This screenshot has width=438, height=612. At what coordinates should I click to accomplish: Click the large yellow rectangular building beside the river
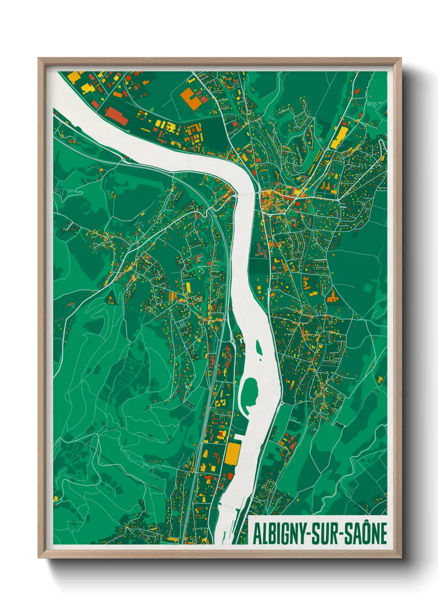233,453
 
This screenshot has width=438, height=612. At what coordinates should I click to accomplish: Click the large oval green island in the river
250,391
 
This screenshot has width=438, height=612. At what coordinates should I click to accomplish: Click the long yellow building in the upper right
341,137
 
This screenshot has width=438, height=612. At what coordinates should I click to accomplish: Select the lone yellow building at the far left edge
55,499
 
